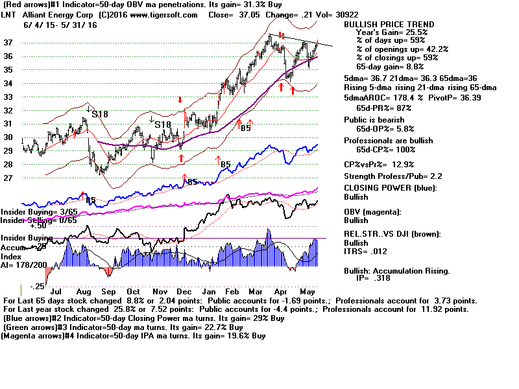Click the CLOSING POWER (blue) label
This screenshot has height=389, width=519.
coord(390,189)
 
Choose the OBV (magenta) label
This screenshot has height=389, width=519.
coord(373,212)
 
